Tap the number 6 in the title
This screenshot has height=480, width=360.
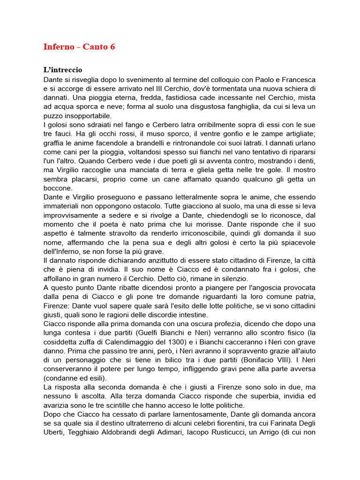112,47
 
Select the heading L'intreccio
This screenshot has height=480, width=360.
63,70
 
